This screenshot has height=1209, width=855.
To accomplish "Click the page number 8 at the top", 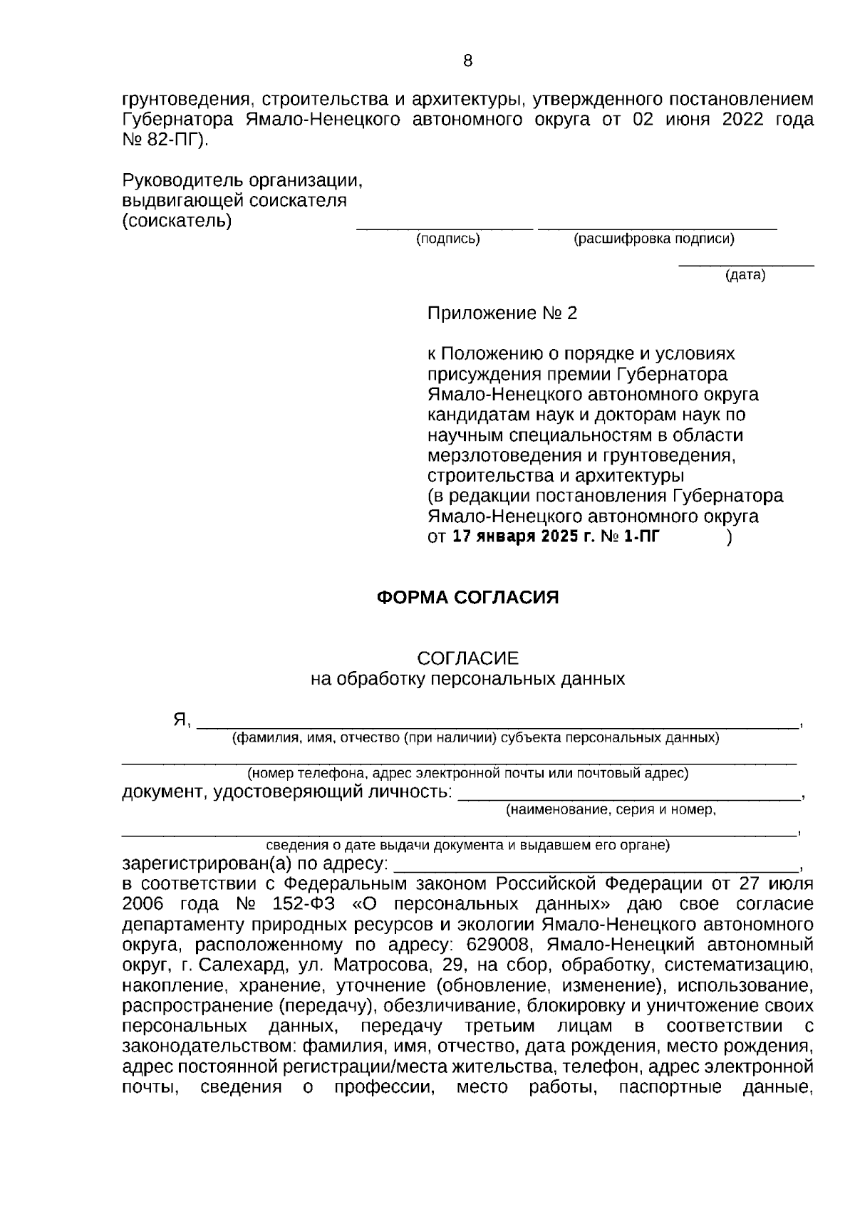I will (467, 61).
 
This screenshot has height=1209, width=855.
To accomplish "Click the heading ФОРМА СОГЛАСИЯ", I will (467, 597).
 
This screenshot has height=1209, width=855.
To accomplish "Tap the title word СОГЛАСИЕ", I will (467, 658).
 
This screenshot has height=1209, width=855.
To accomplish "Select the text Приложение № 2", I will (502, 313).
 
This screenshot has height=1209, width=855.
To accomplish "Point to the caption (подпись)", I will (448, 239).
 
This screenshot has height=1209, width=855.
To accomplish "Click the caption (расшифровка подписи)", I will (654, 239).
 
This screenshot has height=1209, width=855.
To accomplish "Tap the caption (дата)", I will (745, 276).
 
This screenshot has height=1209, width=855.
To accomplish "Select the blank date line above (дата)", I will (745, 266).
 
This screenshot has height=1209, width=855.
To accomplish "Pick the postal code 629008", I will (497, 945).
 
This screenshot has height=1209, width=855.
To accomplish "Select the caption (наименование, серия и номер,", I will (611, 810).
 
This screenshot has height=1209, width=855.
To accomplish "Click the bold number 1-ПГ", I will (639, 536).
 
